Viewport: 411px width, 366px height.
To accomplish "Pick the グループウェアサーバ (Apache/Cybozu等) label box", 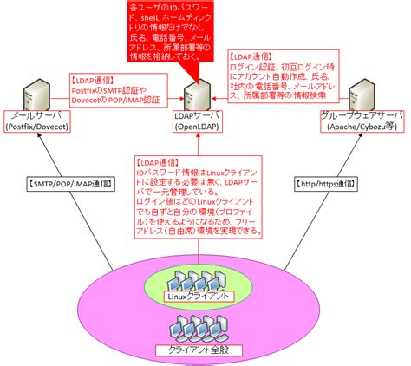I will pyautogui.click(x=362, y=121).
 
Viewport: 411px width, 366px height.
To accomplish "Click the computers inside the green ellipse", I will pyautogui.click(x=199, y=278).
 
